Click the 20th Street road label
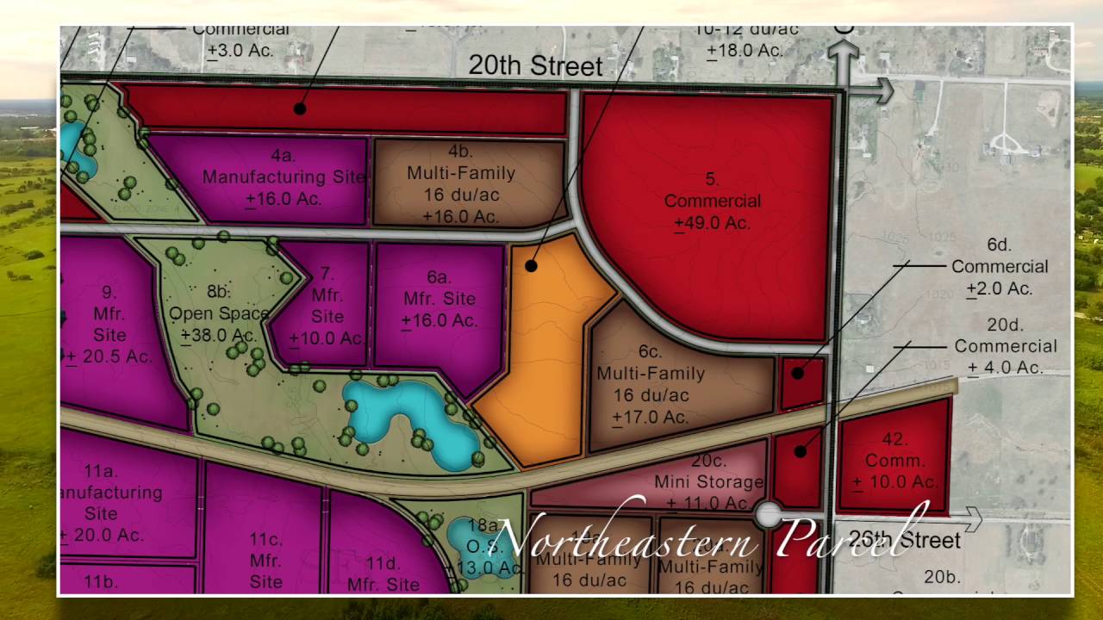(535, 66)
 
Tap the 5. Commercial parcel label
(713, 201)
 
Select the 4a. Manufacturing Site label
(284, 177)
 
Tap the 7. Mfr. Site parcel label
(327, 306)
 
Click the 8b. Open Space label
(219, 313)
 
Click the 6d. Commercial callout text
(1000, 267)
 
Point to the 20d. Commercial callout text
(1005, 346)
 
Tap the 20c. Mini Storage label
(708, 481)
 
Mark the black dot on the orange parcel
(532, 266)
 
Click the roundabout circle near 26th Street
(767, 515)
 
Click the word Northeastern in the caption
(627, 535)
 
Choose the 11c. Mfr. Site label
(266, 561)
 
